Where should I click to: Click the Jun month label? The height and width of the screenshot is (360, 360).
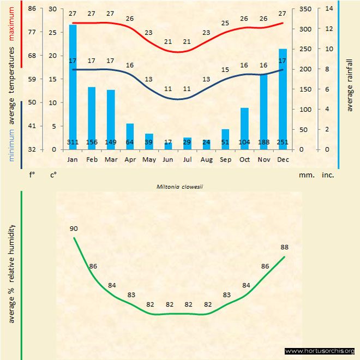pos(168,159)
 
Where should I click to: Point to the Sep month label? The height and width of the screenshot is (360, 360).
pos(225,159)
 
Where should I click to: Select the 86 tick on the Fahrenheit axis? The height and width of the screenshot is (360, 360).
pos(32,9)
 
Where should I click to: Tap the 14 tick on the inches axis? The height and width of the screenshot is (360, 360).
pos(328,9)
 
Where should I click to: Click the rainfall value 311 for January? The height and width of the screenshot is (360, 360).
pos(73,142)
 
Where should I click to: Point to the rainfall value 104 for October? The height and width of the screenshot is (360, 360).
pos(244,142)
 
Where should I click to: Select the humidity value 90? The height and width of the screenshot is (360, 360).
pos(74,229)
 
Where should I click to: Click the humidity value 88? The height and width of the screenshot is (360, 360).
pos(284,247)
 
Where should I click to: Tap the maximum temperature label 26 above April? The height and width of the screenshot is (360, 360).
pos(130,19)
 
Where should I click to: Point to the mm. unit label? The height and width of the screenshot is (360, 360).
pos(306,176)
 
